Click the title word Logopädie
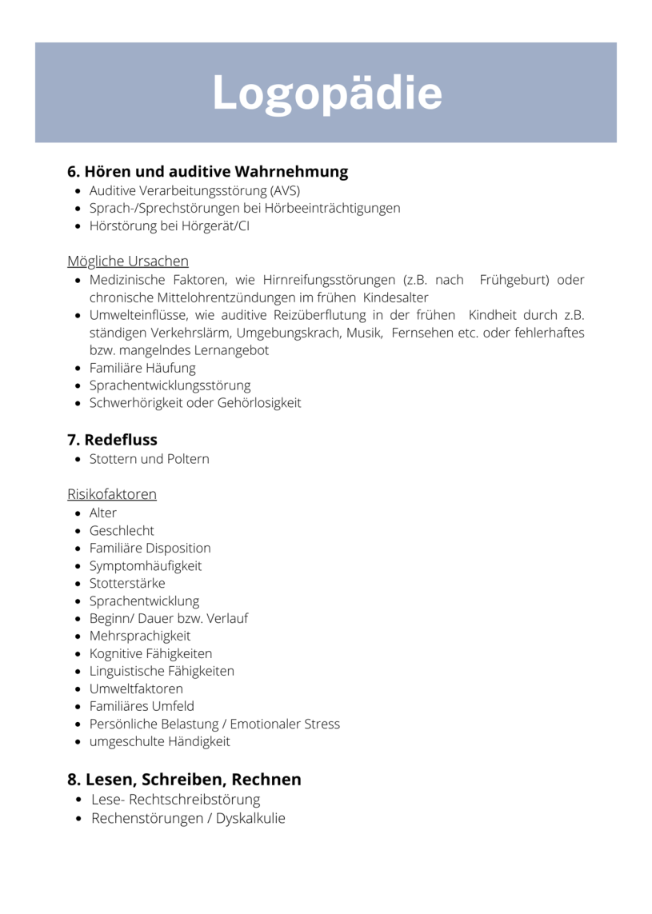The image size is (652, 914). (x=326, y=94)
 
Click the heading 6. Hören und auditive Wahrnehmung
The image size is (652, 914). (x=207, y=171)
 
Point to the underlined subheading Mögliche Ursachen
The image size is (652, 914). (x=128, y=261)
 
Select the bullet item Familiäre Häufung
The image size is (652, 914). (x=142, y=368)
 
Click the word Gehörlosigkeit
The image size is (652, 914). (x=259, y=403)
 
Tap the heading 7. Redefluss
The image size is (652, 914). (x=112, y=440)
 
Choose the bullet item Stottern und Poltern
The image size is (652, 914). (x=149, y=459)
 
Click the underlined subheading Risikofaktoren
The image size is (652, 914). (x=112, y=494)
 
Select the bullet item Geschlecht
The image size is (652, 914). (x=122, y=530)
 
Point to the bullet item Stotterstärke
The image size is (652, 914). (x=127, y=583)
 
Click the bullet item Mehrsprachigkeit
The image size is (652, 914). (x=140, y=636)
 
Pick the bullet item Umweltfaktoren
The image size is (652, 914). (x=136, y=688)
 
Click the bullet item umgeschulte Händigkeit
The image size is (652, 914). (x=159, y=741)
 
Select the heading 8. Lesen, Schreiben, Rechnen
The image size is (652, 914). (x=184, y=779)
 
